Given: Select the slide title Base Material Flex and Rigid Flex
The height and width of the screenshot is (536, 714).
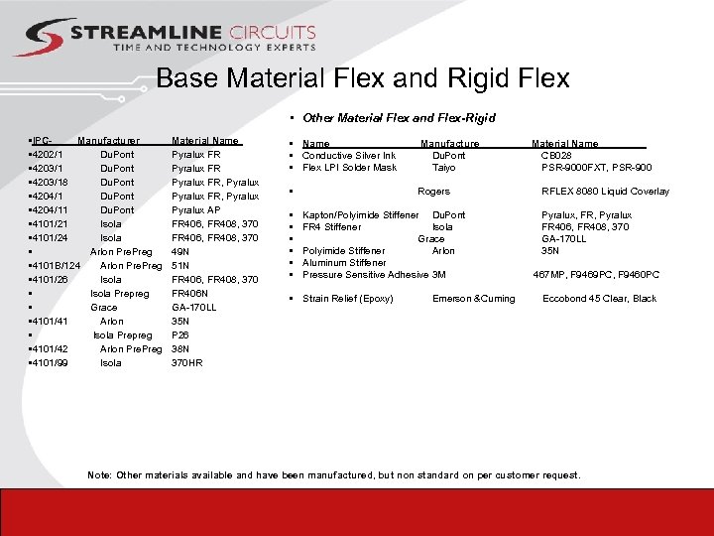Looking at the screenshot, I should [363, 78].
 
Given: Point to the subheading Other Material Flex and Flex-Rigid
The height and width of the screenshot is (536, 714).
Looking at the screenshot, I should [399, 118].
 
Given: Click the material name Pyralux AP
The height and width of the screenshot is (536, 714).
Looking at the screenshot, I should [196, 210].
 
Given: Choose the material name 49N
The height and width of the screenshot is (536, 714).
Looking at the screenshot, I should [180, 252].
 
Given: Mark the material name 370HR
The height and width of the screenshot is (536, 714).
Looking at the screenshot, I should [187, 363].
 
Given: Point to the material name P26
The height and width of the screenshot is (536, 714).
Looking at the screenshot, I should [180, 335].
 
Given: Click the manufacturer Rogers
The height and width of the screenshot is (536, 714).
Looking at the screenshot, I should [433, 192].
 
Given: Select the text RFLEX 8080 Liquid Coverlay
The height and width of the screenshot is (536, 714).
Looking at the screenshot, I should [605, 192].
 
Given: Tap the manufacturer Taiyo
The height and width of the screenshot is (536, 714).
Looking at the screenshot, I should [443, 168].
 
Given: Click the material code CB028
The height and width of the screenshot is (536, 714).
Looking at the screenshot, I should [556, 156].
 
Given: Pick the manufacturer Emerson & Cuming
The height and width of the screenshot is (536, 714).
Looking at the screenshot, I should [474, 299].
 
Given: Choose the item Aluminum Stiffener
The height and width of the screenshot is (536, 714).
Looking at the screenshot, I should [344, 263].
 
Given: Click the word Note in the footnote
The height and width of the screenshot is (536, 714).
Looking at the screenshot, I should [98, 475].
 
